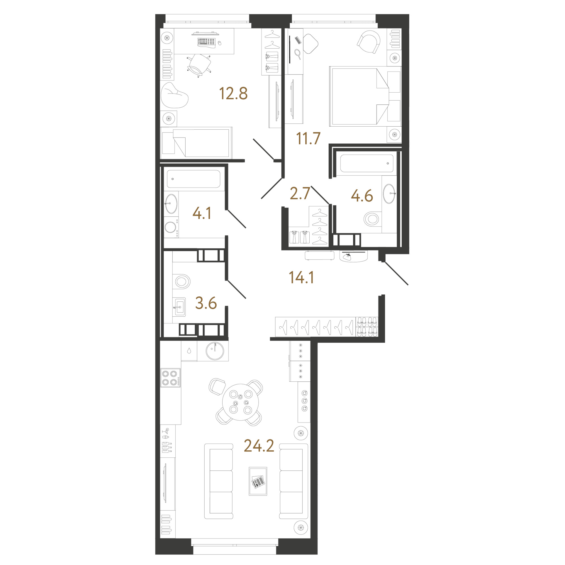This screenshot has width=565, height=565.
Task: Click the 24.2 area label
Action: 259,446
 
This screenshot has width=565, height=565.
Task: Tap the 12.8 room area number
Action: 233,94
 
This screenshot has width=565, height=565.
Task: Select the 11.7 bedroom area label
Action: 308,138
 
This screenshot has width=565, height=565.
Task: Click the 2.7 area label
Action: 300,194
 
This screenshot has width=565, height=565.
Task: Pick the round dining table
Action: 240,402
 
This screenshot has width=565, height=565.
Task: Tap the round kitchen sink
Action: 215,351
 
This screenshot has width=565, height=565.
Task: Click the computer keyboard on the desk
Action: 206,42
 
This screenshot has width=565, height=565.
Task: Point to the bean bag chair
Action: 174,95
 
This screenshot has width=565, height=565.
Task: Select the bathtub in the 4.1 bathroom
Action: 194,179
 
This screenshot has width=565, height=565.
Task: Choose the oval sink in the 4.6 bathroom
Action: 389,193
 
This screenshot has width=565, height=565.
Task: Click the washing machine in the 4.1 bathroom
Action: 171,227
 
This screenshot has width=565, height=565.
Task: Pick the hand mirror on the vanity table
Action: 298,54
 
